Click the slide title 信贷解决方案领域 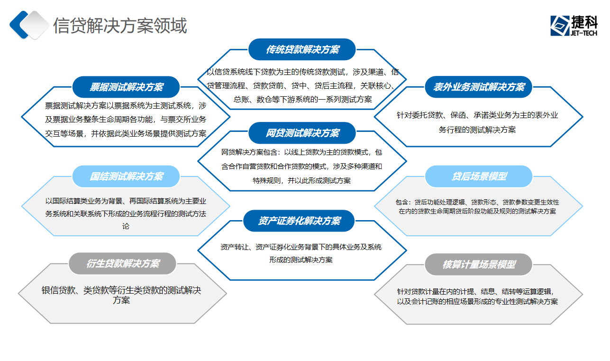(120, 26)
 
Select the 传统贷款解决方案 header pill (302, 50)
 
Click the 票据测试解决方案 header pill (126, 87)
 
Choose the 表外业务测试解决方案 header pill (479, 87)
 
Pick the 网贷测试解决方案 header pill (302, 133)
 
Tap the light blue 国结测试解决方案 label (126, 176)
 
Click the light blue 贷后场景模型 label (479, 176)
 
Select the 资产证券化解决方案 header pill (299, 221)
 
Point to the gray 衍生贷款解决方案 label (123, 264)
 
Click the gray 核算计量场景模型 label (479, 264)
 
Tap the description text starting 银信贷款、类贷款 (121, 295)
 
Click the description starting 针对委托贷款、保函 (477, 122)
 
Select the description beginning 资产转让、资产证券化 (301, 253)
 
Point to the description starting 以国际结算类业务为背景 (126, 214)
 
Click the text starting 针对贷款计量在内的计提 (477, 296)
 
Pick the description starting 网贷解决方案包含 (302, 167)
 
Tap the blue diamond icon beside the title (28, 25)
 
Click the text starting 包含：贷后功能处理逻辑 (477, 207)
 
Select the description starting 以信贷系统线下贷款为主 (303, 86)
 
